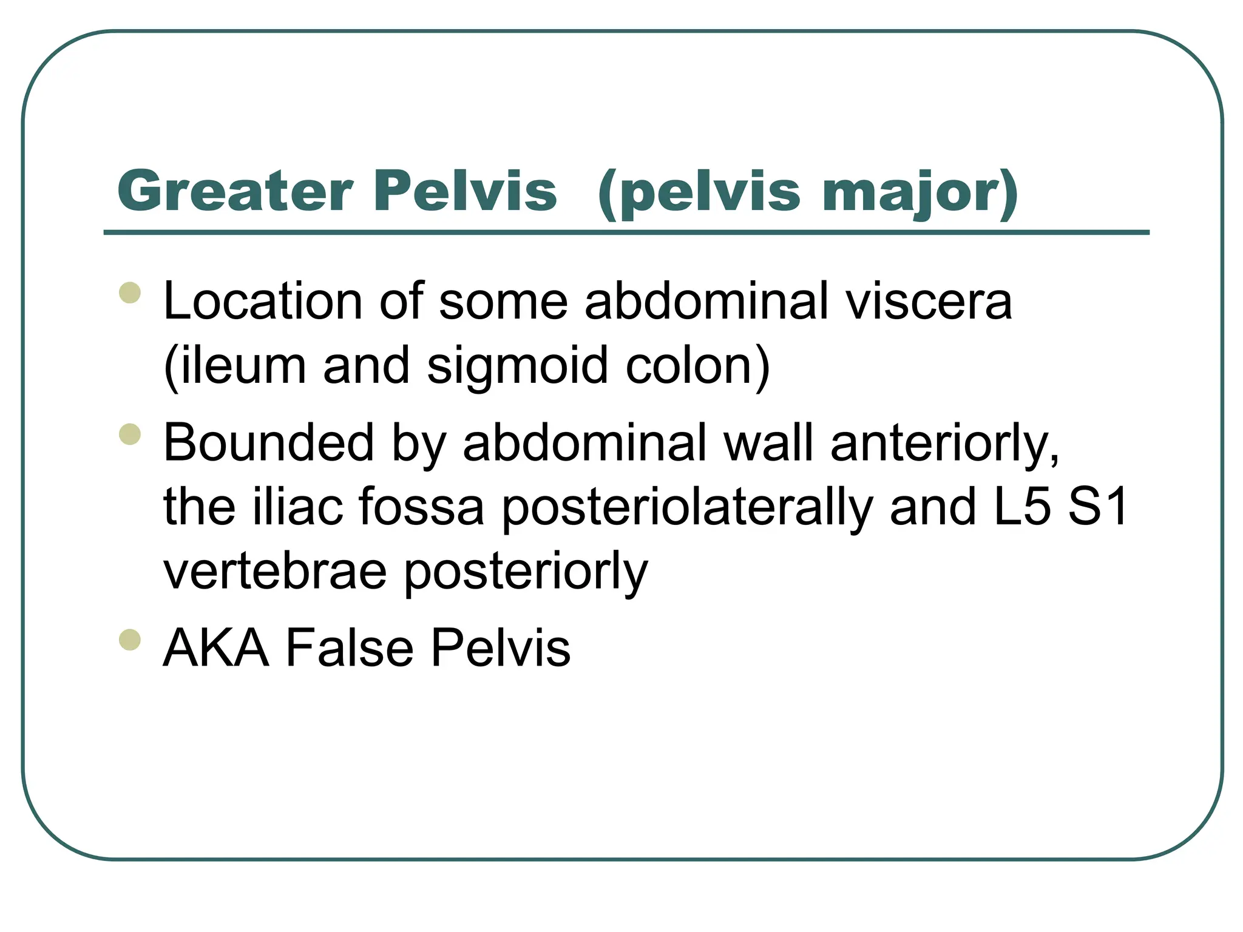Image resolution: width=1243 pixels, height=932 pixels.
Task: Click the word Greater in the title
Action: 235,191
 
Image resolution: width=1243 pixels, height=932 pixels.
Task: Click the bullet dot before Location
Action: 130,292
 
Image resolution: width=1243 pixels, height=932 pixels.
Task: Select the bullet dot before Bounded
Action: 130,434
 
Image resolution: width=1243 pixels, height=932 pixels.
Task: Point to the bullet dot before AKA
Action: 130,640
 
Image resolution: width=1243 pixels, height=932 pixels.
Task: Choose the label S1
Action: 1098,507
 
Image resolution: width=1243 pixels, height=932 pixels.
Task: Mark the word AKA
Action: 216,648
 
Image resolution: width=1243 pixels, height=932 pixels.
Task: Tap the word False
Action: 349,648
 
